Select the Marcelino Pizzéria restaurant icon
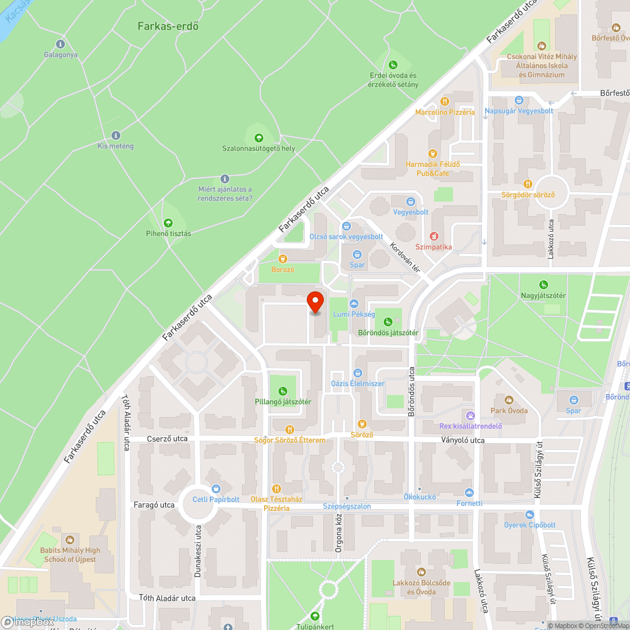coord(445,101)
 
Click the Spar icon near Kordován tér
coord(357,255)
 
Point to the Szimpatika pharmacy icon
coord(433,236)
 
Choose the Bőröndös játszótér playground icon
coord(388,321)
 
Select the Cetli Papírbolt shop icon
coord(216,489)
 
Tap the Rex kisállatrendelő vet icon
coord(470,415)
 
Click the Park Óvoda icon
coord(509,400)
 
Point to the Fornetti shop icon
coord(469,493)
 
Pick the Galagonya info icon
coord(60,44)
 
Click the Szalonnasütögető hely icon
coord(258,138)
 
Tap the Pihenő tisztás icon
coord(168,223)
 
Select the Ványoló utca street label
coord(463,440)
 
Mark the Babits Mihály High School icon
coord(69,540)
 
